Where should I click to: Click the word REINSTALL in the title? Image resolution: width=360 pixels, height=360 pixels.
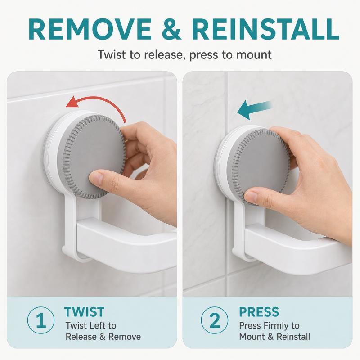click(266, 30)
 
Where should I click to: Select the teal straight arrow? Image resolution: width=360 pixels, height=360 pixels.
click(254, 109)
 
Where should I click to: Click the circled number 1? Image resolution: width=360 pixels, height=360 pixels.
click(41, 320)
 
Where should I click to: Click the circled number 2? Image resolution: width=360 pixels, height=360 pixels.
click(215, 320)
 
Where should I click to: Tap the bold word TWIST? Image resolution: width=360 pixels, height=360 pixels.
click(84, 312)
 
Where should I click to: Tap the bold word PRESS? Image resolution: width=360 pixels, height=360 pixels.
click(259, 312)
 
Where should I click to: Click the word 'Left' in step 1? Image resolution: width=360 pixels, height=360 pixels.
click(95, 325)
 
